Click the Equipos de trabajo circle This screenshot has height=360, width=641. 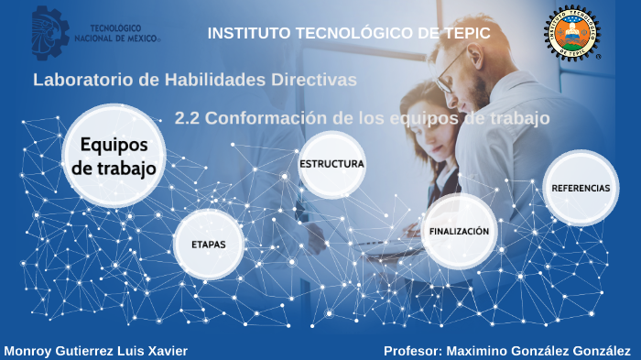click(x=114, y=156)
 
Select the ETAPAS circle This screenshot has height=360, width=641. click(x=209, y=245)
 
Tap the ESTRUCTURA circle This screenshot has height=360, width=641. click(x=331, y=164)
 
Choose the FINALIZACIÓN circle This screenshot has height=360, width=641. click(x=459, y=231)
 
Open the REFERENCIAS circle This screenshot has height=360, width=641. click(x=581, y=188)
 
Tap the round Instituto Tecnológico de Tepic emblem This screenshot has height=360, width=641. click(x=573, y=33)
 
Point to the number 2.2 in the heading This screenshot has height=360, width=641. click(x=187, y=118)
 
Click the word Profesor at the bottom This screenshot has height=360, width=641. click(x=413, y=351)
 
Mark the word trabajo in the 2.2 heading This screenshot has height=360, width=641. click(x=516, y=118)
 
